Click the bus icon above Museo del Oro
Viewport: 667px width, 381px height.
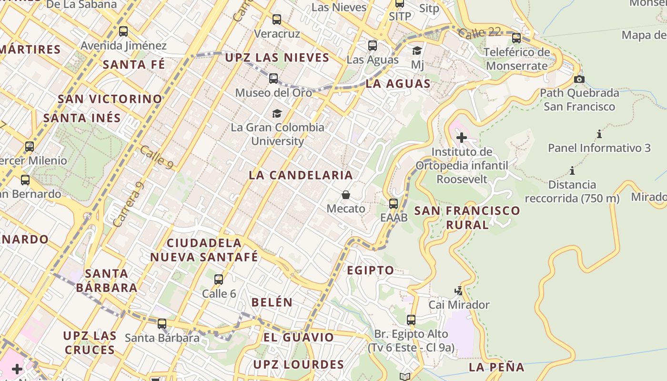coord(273,79)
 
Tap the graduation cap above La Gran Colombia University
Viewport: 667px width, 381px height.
coord(277,113)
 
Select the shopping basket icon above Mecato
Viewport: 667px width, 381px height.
coord(346,195)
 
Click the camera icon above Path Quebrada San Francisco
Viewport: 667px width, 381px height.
coord(579,79)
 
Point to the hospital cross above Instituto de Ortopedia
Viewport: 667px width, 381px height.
coord(461,138)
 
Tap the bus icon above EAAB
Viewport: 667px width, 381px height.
coord(394,204)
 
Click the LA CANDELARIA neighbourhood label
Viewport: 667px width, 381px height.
coord(301,175)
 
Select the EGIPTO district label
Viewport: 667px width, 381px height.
coord(370,270)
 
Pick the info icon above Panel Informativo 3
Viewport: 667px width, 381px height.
coord(599,134)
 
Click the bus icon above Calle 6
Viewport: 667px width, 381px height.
coord(219,280)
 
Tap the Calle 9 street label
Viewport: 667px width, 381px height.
coord(156,157)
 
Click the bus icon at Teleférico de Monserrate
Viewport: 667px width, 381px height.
coord(516,38)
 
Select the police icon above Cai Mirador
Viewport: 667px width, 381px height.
coord(458,291)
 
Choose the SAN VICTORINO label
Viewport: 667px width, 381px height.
coord(110,99)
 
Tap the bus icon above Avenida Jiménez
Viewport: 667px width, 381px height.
coord(123,31)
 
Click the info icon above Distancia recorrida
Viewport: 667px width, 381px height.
coord(572,170)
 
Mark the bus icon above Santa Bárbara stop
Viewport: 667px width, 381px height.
coord(162,324)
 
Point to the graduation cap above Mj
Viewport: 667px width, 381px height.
coord(417,50)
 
